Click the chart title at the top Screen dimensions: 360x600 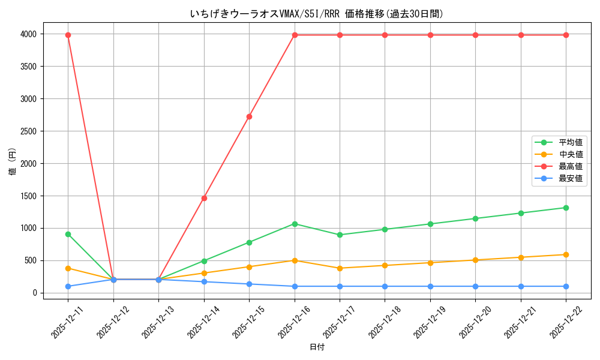click(317, 13)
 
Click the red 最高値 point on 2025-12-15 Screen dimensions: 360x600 click(249, 116)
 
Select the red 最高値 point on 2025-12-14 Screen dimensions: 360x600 click(204, 198)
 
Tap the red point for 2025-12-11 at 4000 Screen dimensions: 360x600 click(68, 35)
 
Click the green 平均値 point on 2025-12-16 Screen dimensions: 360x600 click(295, 224)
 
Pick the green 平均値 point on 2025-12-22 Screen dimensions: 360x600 click(566, 208)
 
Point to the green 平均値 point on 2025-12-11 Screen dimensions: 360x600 click(68, 234)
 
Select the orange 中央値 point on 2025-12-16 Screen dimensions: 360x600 click(295, 260)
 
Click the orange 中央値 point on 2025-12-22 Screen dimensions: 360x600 click(566, 254)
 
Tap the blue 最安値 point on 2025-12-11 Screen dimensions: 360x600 click(68, 286)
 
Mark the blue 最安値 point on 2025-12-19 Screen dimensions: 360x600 click(430, 286)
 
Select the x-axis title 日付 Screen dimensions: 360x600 click(317, 347)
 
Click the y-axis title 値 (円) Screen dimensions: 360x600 click(12, 162)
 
